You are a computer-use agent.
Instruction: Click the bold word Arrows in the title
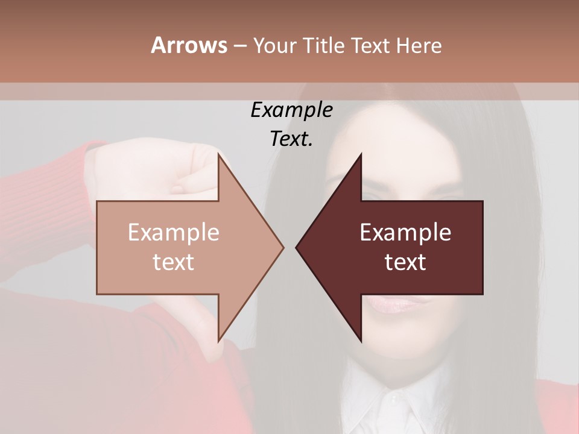(189, 45)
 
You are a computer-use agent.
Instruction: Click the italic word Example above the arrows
(291, 110)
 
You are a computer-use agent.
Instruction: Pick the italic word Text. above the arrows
(291, 139)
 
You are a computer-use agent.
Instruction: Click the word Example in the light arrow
(173, 233)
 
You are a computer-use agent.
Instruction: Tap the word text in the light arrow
(173, 262)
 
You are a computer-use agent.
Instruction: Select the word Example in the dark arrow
(405, 233)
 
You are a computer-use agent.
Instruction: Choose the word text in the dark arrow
(405, 262)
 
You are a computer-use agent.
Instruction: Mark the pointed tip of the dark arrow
(297, 247)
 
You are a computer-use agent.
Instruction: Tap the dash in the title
(239, 46)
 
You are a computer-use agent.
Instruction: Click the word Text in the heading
(370, 46)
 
